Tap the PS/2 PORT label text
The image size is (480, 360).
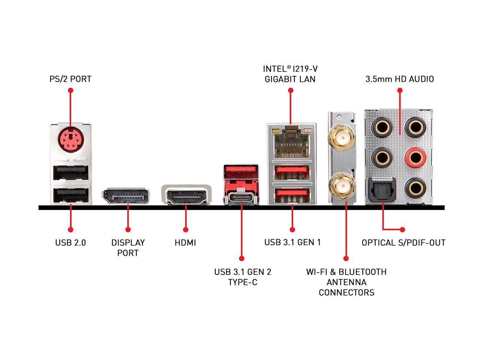(x=70, y=79)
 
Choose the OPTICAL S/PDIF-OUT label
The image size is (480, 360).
(x=403, y=243)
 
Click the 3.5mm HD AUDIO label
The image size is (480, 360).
(x=400, y=79)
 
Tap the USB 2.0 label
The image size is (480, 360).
(x=70, y=243)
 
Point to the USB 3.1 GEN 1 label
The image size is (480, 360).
(x=292, y=242)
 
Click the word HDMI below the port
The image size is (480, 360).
(x=185, y=243)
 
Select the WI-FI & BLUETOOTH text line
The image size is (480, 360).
(x=346, y=272)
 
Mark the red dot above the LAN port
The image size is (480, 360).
(x=290, y=90)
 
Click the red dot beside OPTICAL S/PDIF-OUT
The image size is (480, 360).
(x=402, y=229)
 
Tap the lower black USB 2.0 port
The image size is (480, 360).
(x=71, y=195)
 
